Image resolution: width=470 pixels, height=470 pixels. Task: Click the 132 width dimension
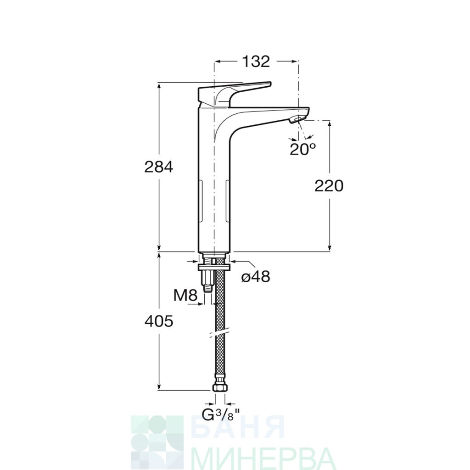pos(256,62)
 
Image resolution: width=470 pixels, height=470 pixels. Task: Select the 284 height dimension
pos(159,167)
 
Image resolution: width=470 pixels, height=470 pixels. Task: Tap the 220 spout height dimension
pos(329,186)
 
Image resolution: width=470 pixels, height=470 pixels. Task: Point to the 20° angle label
pos(303,149)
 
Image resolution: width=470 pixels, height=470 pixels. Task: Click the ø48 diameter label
pos(256,276)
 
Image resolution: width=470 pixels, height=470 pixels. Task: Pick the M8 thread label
pos(185,296)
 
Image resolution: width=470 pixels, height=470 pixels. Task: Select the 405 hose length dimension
pos(159,321)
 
